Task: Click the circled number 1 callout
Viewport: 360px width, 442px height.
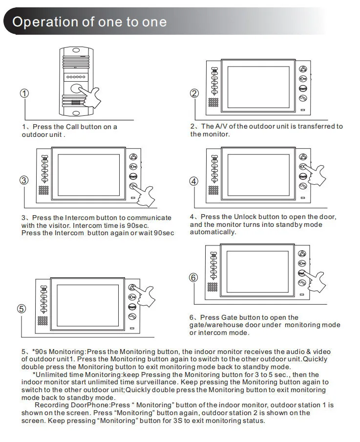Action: tap(24, 93)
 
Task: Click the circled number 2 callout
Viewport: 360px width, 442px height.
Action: tap(194, 93)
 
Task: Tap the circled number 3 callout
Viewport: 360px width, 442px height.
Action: tap(24, 180)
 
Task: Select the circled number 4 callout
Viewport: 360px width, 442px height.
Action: tap(194, 181)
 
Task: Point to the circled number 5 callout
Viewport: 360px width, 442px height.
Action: tap(21, 309)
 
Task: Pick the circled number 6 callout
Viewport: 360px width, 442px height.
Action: tap(193, 278)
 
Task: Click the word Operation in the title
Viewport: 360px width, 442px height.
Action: tap(45, 22)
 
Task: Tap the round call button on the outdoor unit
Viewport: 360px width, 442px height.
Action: tap(76, 88)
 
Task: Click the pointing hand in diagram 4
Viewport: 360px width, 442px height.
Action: tap(315, 175)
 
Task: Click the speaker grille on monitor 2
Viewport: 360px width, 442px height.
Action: tap(213, 102)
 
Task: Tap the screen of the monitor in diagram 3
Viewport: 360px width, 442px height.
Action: tap(89, 175)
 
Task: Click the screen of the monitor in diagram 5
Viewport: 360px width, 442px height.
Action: tap(88, 305)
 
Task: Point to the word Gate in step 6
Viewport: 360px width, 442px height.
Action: tap(229, 317)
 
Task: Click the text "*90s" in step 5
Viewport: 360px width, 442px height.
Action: tap(40, 352)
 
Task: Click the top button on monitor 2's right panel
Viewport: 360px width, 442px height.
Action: tap(303, 69)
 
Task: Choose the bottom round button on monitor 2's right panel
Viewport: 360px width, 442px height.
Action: tap(303, 98)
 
